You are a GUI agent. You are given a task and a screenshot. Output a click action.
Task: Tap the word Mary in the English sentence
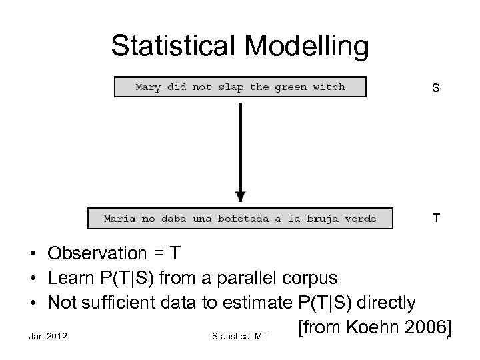coord(149,87)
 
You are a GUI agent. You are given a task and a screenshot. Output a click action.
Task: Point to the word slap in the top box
coord(231,87)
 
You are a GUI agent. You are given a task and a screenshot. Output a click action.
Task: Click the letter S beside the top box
coord(435,87)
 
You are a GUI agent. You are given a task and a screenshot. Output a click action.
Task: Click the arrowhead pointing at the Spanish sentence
coord(240,197)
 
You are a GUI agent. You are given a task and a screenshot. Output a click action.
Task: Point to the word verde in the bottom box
coord(361,218)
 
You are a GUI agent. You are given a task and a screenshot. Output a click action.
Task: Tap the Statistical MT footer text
coord(239,337)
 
